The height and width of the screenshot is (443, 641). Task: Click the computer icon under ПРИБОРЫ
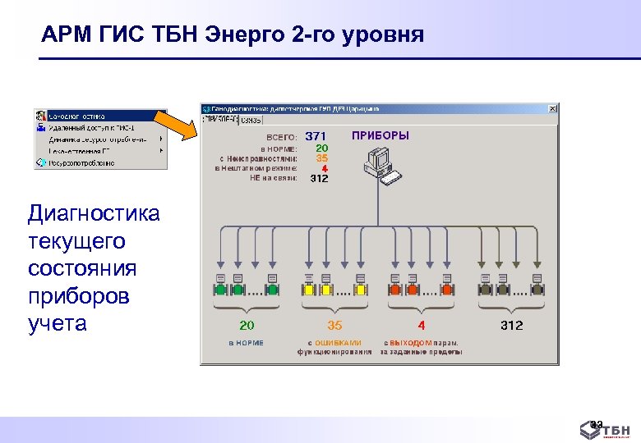380,165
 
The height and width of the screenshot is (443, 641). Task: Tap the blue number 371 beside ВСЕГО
316,136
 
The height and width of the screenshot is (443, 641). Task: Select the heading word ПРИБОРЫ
380,135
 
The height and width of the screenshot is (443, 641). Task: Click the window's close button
554,108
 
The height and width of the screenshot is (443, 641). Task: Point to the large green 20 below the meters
247,326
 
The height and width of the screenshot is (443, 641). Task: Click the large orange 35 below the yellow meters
334,326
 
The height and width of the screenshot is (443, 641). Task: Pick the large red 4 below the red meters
422,326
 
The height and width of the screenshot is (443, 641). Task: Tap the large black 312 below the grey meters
511,326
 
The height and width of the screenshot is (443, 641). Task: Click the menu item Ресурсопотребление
82,162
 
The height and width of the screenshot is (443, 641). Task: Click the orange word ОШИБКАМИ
339,343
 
